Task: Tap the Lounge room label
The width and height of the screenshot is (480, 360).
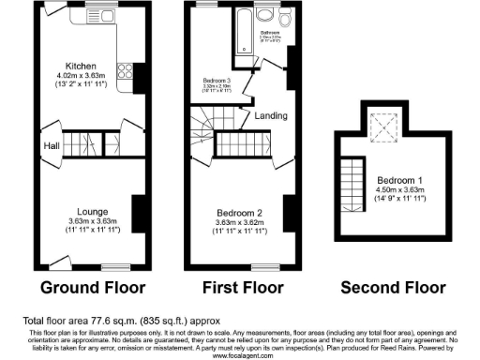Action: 82,211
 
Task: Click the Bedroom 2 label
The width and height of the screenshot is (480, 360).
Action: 239,211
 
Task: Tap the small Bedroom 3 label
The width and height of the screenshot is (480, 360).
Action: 217,82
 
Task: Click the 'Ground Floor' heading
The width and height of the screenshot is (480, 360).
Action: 82,286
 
